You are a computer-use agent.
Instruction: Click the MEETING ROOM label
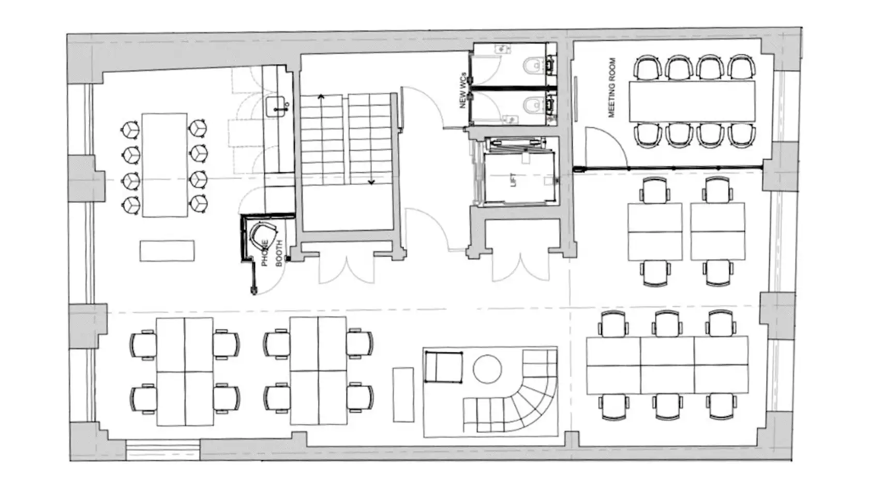(612, 88)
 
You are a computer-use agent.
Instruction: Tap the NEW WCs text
(462, 90)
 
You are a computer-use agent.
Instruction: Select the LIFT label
(514, 180)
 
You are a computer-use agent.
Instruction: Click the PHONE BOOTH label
(272, 253)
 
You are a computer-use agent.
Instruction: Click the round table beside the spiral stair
(488, 369)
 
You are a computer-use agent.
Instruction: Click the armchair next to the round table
(443, 367)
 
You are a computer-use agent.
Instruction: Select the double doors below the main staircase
(347, 268)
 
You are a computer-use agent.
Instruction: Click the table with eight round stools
(165, 165)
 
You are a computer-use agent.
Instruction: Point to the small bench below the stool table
(167, 250)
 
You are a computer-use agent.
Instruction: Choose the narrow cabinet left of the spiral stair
(403, 395)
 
